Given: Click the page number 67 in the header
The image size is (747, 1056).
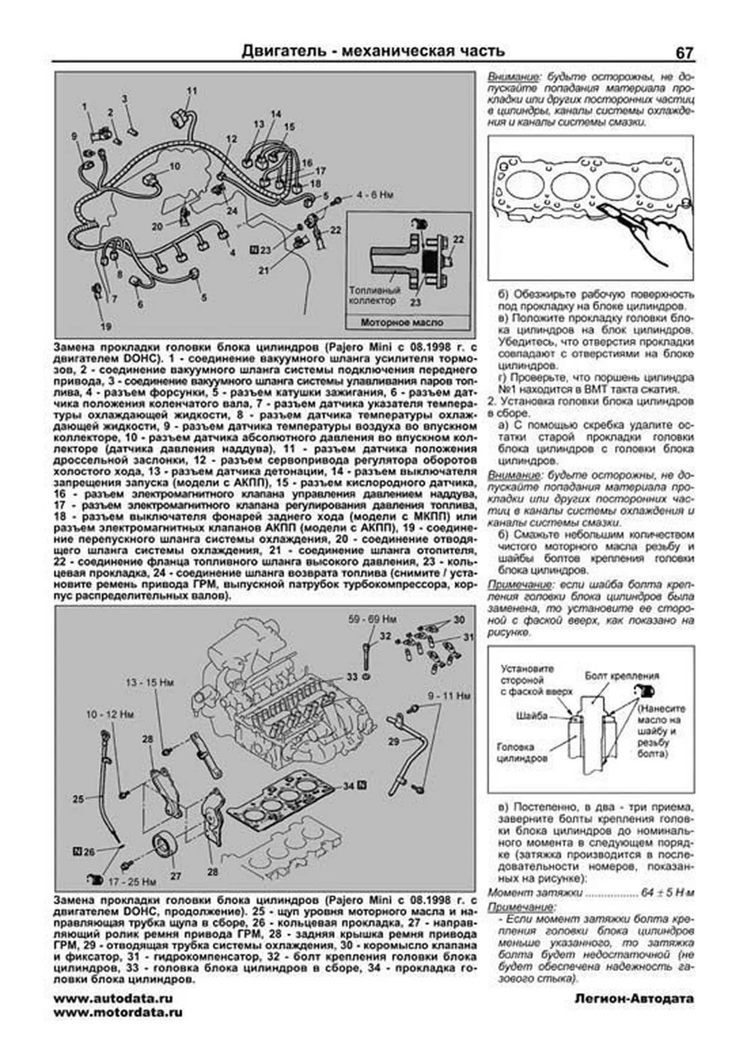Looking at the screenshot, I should [x=684, y=54].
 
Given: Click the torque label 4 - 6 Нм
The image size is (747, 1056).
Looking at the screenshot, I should [x=375, y=195].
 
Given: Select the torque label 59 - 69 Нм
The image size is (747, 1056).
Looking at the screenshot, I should [x=372, y=619].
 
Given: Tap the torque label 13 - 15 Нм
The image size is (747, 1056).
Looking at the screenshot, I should [x=149, y=683].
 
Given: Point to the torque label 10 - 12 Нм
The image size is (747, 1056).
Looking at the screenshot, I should [x=110, y=715].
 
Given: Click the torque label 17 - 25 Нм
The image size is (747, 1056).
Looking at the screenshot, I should [x=131, y=881].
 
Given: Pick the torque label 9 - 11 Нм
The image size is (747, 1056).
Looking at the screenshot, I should [x=448, y=695].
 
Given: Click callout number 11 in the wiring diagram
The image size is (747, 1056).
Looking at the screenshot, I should [x=192, y=91].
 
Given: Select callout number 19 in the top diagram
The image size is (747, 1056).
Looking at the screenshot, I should [x=106, y=326].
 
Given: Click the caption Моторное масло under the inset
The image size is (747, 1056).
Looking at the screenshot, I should [x=402, y=322].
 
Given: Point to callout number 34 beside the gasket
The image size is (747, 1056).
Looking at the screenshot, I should [x=349, y=786].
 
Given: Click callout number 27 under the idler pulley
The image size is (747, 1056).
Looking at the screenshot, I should [x=176, y=876].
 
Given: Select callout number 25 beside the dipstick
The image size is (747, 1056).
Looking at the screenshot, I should [x=78, y=798].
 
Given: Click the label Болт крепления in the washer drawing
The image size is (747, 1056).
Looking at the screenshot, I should [x=621, y=676].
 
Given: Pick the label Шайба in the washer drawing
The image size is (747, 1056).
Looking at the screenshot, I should [x=532, y=716].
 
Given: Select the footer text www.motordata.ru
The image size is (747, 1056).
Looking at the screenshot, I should [x=118, y=1012].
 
